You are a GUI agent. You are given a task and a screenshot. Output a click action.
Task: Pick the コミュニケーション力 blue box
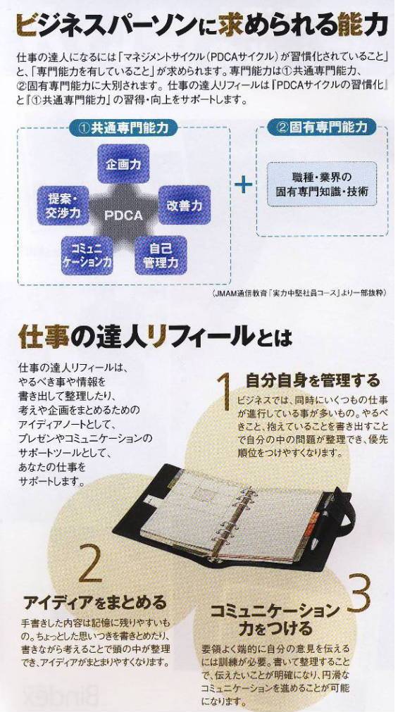click(87, 255)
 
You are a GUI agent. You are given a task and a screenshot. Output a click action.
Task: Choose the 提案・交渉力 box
click(63, 206)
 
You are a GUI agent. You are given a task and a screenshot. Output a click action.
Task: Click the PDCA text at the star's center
click(123, 216)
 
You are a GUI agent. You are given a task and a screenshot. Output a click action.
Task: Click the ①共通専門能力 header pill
click(123, 128)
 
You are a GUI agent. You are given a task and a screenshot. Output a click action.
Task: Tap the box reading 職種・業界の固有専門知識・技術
click(322, 184)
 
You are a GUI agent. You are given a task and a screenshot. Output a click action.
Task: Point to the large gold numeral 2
click(90, 563)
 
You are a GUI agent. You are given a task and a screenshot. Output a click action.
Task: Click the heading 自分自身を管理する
click(313, 380)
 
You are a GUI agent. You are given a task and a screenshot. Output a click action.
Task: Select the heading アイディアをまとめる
click(95, 603)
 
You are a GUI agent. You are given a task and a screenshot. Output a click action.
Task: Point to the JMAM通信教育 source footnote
click(299, 294)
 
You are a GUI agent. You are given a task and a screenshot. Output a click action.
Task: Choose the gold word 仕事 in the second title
click(44, 337)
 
